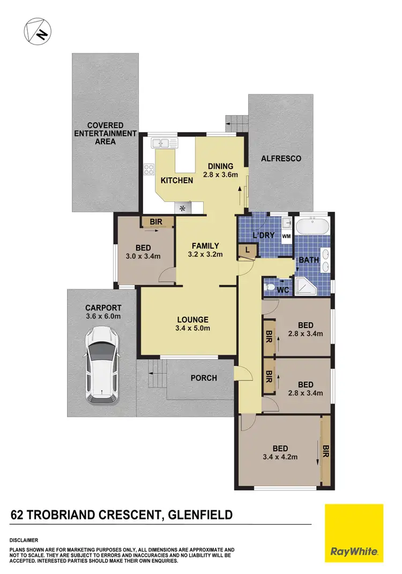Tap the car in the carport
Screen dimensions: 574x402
[x=102, y=365]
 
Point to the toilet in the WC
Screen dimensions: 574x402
[x=271, y=288]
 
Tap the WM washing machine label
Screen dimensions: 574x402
[x=286, y=236]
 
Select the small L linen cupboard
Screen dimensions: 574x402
[x=248, y=249]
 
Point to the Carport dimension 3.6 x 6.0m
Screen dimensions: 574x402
[x=103, y=316]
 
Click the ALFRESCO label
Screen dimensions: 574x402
[x=280, y=159]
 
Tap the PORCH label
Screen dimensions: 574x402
[x=204, y=378]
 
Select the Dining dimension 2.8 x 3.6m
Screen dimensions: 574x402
[x=220, y=175]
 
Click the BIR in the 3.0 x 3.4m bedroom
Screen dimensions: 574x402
[x=157, y=221]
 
